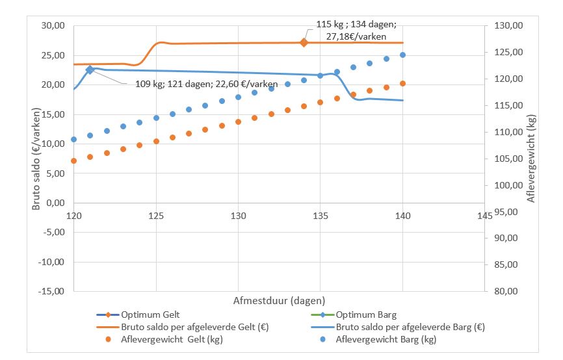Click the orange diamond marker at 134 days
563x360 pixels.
click(304, 42)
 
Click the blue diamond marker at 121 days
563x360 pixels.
click(90, 70)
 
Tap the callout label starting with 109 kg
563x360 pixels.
click(207, 84)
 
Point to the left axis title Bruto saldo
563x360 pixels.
click(37, 159)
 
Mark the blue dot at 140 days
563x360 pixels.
click(403, 55)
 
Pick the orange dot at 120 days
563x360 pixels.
click(73, 161)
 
